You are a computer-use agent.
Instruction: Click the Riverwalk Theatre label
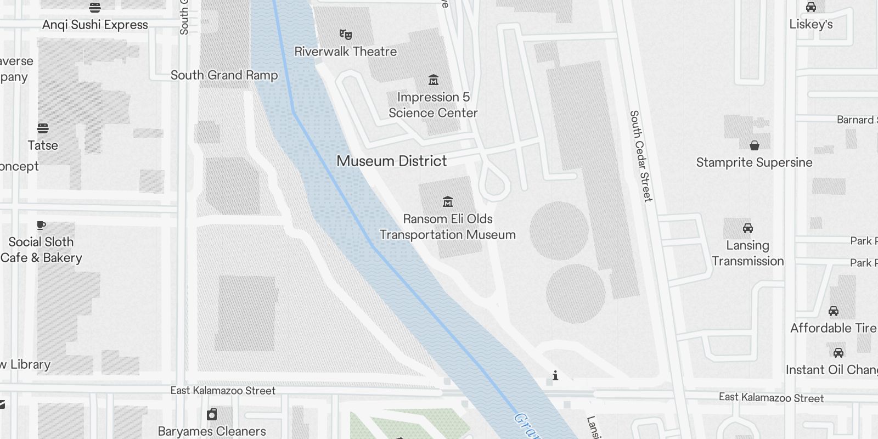coord(345,52)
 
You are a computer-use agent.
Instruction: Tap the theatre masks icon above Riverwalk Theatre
coord(345,35)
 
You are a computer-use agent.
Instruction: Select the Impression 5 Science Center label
coord(433,105)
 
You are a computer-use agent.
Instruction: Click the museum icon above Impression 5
coord(434,80)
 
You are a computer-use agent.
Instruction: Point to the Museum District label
coord(391,161)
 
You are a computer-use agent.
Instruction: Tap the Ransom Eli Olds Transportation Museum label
coord(447,227)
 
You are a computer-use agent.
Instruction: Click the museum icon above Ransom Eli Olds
coord(448,201)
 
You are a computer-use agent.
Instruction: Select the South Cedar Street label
coord(640,156)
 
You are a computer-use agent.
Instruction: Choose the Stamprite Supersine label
coord(754,162)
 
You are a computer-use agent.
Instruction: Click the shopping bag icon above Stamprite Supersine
coord(755,145)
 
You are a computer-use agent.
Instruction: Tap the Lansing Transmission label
coord(747,253)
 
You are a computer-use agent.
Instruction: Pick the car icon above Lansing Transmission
coord(747,228)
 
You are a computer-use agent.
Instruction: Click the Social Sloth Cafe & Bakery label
coord(41,250)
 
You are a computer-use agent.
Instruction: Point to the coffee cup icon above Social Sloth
coord(41,225)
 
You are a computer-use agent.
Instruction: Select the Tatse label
coord(43,145)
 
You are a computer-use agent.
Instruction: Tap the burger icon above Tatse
coord(43,128)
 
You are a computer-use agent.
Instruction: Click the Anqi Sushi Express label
coord(95,25)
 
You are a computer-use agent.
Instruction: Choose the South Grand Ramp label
coord(224,75)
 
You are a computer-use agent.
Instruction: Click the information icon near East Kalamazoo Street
coord(555,376)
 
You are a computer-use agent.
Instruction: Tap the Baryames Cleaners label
coord(212,431)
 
